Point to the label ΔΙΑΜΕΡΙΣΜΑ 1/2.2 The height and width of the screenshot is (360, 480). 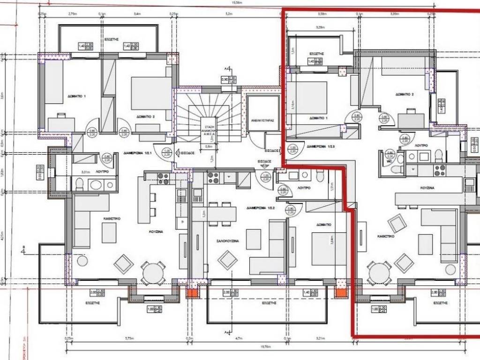pos(259,207)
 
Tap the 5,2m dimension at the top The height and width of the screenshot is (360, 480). pos(228,14)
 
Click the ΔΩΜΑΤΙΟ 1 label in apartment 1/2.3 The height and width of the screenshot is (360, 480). pos(318,118)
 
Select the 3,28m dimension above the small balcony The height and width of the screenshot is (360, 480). pos(321,28)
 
